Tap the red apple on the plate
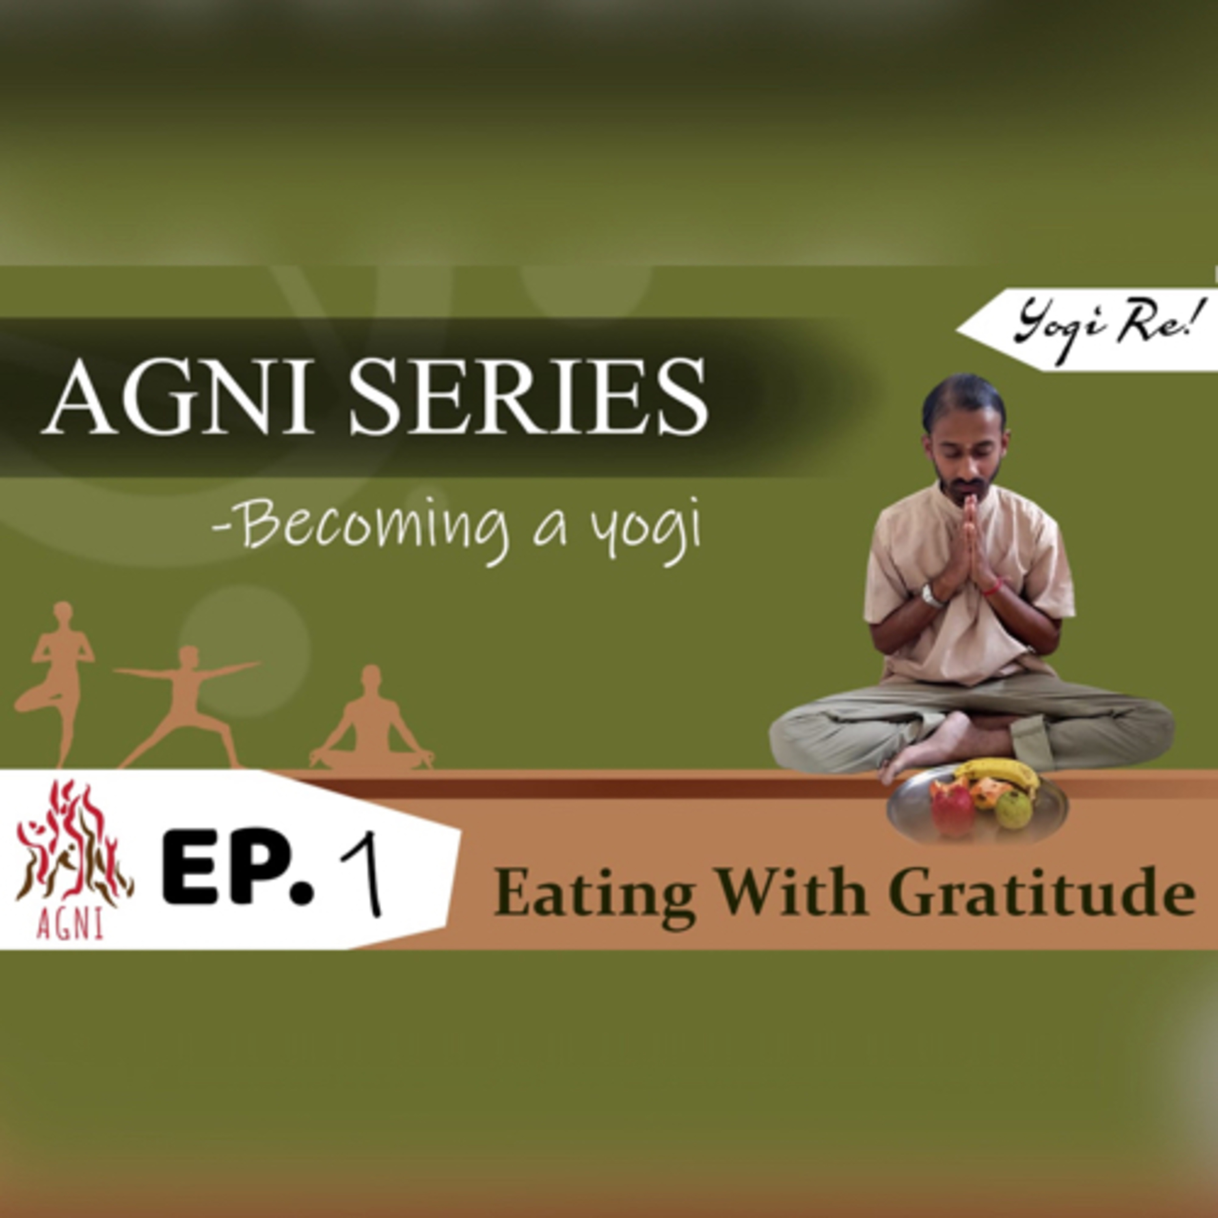coord(952,808)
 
